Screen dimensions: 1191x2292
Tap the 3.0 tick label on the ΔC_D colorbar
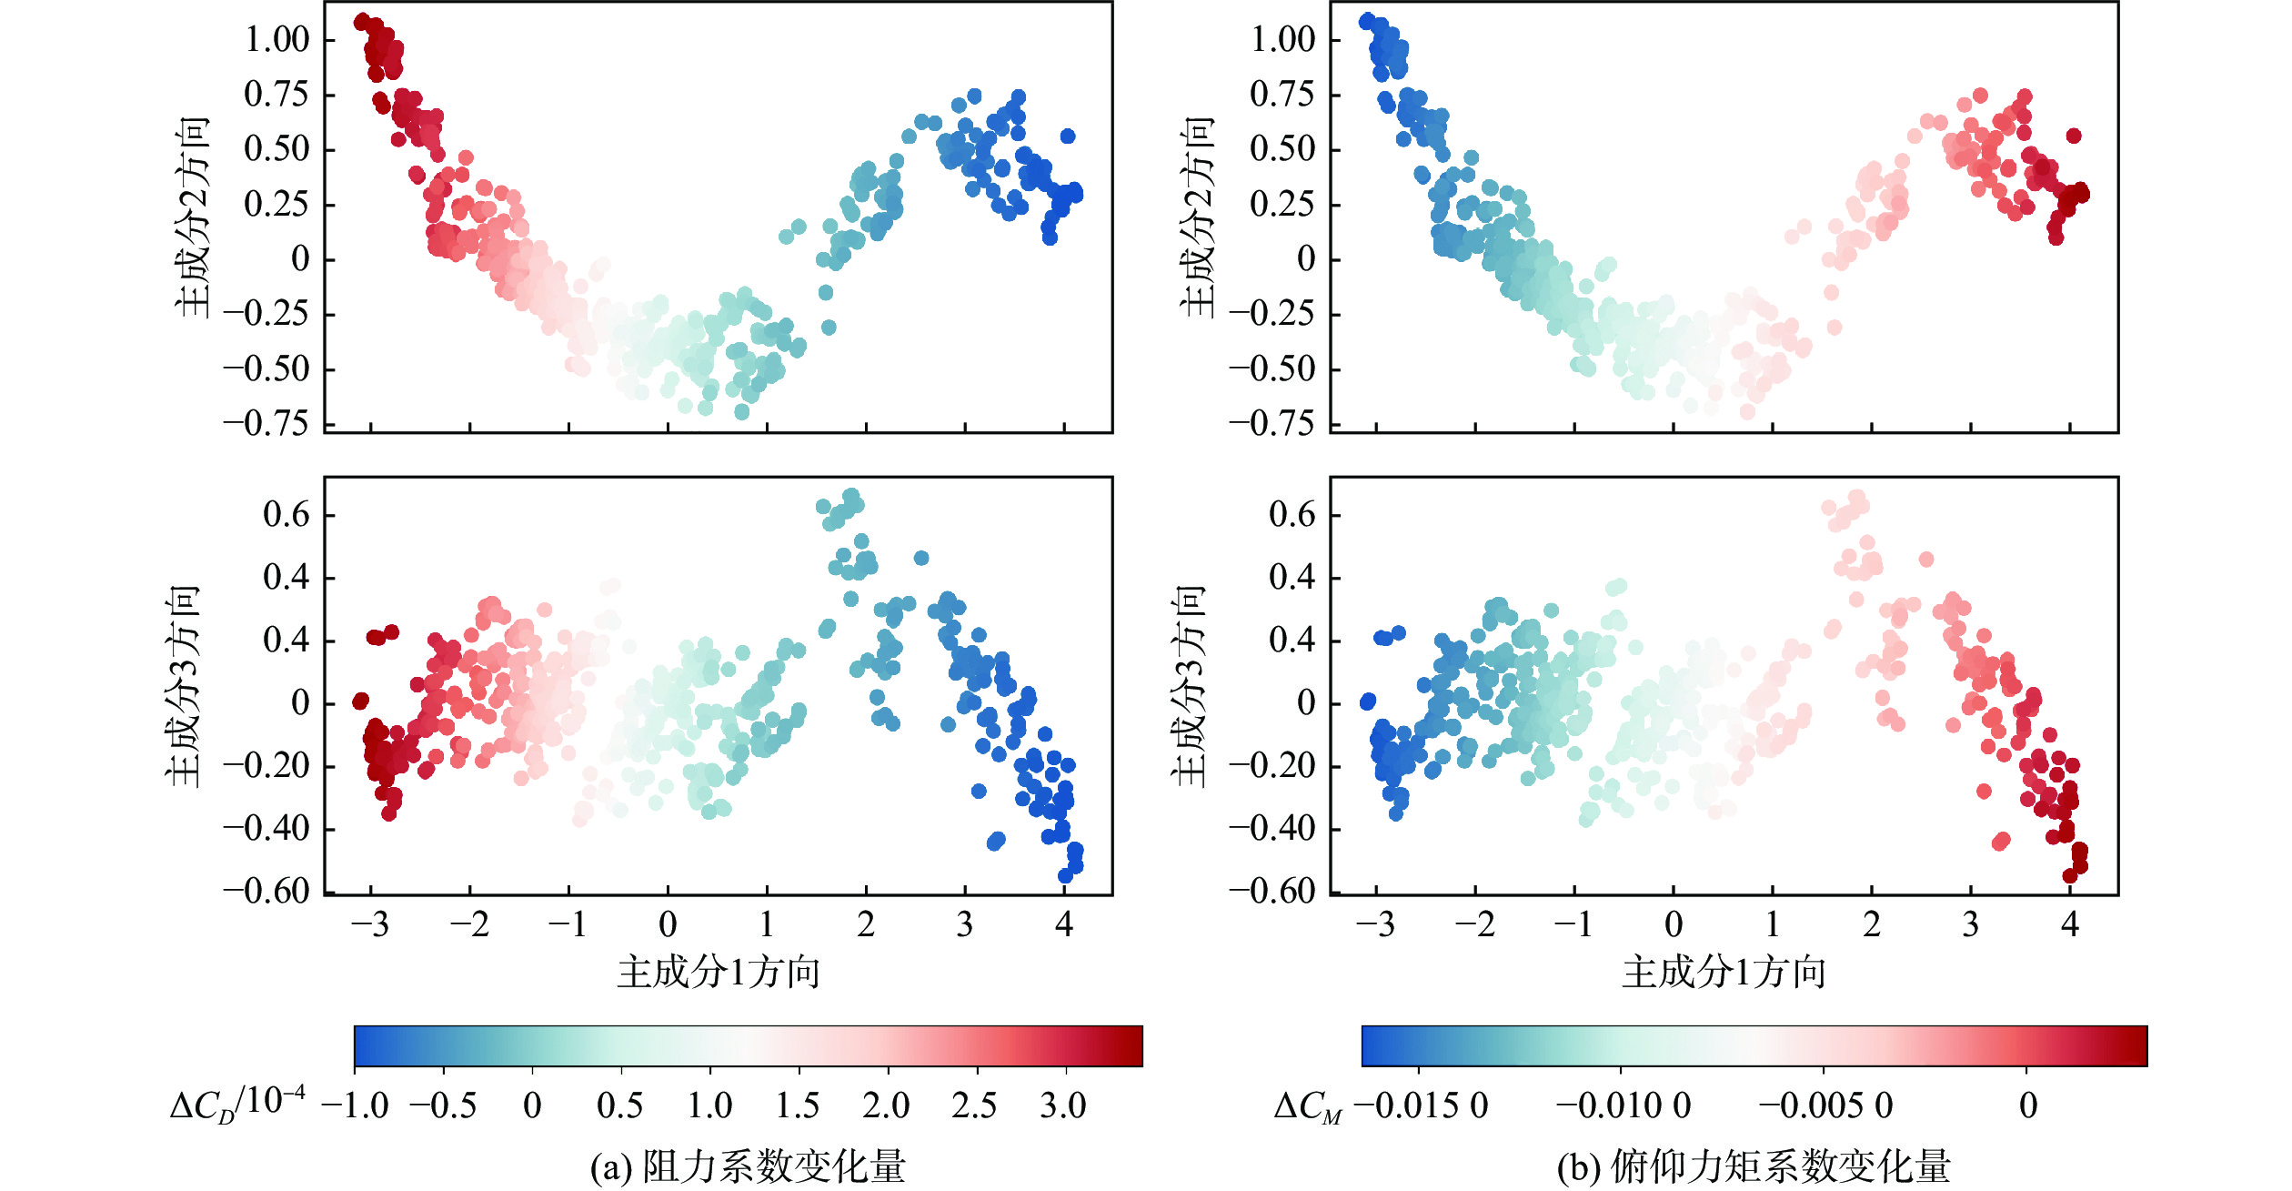(1063, 1106)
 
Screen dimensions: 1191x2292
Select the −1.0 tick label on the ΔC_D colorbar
(355, 1106)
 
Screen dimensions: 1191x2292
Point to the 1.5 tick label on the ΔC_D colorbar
(798, 1106)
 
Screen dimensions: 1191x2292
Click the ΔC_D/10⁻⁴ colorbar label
(238, 1103)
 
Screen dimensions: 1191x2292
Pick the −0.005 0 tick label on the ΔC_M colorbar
(1825, 1106)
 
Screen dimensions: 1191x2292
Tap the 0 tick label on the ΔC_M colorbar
(2028, 1106)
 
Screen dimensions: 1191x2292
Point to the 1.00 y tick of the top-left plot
(277, 40)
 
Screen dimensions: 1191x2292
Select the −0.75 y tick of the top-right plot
(1272, 424)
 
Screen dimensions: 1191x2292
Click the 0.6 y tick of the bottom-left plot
(286, 516)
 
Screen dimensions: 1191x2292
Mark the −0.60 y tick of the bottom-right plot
(1272, 891)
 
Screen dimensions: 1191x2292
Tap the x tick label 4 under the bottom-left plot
(1064, 925)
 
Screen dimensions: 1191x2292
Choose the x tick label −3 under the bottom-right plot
(1375, 925)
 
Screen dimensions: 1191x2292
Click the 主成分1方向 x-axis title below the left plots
(719, 973)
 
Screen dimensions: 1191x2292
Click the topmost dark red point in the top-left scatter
(362, 21)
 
